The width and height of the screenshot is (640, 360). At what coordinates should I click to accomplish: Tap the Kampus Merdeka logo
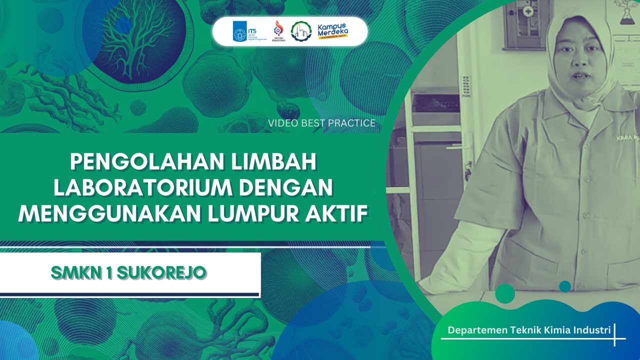(333, 31)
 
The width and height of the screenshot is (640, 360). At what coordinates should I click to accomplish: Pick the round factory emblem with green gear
(300, 31)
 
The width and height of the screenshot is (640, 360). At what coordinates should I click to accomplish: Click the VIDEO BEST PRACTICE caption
(321, 123)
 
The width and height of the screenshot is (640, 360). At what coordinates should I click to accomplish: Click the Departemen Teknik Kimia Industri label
(529, 330)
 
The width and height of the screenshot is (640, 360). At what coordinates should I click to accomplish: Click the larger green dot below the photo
(505, 293)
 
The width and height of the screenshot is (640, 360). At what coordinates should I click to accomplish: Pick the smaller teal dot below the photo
(565, 286)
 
